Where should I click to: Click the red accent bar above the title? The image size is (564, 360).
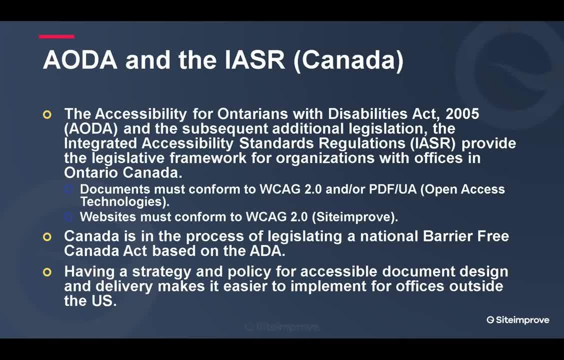click(56, 36)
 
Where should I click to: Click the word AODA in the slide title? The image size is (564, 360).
click(80, 60)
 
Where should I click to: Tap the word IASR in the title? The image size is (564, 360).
click(255, 60)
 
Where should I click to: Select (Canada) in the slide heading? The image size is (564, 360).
click(349, 60)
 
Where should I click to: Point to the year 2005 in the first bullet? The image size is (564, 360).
click(462, 114)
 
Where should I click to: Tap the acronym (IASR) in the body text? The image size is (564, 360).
click(433, 143)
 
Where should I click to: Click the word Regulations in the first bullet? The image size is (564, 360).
click(362, 143)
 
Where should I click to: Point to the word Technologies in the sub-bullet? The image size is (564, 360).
click(124, 201)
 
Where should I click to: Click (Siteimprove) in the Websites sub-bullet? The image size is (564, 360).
click(355, 217)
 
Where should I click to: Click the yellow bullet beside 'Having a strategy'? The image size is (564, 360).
click(47, 272)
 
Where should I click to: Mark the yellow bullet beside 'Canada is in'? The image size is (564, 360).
click(47, 237)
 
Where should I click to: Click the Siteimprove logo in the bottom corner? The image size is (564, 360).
click(518, 320)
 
